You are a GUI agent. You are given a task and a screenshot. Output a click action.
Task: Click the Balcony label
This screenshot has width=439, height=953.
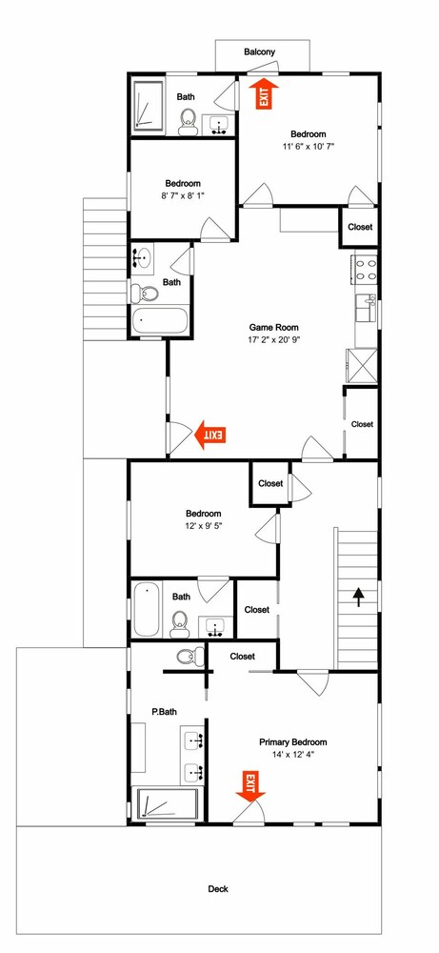coord(259,52)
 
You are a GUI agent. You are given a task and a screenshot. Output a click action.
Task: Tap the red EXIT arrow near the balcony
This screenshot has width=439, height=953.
coord(264,94)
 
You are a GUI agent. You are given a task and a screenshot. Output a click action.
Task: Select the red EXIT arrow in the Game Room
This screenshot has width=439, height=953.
coord(210,435)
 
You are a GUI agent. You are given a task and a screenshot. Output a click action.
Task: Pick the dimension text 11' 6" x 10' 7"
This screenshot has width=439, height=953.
coord(309,146)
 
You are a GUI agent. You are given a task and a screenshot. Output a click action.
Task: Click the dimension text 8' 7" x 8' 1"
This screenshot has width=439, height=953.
coord(184,195)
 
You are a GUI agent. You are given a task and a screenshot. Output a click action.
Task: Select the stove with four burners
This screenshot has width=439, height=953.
coord(365,269)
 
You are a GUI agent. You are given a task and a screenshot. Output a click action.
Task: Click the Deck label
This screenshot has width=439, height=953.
coord(219,888)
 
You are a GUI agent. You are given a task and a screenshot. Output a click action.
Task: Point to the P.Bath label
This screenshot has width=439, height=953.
coord(164,711)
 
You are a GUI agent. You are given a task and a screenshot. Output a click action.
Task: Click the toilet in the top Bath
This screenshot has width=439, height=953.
coord(188,121)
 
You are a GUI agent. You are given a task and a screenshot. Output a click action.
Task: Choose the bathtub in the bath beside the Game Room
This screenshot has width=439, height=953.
coord(160,321)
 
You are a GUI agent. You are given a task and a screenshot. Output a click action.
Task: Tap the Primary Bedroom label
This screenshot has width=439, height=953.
coord(292,742)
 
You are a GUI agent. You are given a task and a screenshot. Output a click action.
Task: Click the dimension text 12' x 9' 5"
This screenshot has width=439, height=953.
coord(204,526)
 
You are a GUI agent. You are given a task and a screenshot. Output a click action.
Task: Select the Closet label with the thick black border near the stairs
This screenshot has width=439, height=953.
coord(270,484)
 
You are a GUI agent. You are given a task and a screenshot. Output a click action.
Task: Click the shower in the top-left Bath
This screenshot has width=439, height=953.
coord(149,105)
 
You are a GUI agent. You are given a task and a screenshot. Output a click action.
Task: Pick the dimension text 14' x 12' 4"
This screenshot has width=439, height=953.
coord(293,754)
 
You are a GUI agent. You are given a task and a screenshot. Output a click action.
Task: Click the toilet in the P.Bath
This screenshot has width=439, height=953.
coord(190,656)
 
